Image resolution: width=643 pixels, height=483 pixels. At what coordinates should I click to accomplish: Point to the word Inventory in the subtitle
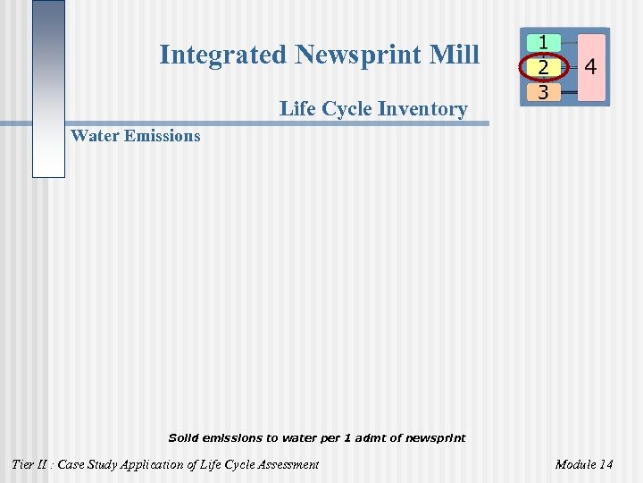(422, 109)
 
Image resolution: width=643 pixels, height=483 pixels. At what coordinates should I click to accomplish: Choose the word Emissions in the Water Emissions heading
(163, 136)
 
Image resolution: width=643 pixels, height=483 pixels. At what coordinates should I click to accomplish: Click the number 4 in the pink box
(590, 67)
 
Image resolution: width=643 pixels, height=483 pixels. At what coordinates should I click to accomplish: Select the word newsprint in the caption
(436, 438)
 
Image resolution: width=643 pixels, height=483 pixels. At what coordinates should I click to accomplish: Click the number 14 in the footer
(605, 464)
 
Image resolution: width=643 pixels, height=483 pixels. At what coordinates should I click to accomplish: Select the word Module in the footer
(574, 464)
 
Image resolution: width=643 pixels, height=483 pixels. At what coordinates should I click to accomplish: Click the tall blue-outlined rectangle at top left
(48, 89)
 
